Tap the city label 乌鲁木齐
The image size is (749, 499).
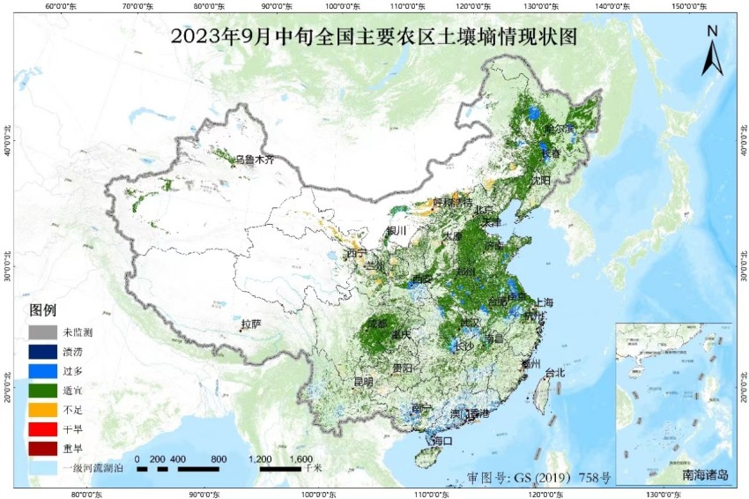[x=255, y=160]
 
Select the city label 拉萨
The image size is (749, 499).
[x=251, y=324]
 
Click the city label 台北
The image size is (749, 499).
[x=554, y=372]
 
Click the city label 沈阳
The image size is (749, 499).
[x=540, y=180]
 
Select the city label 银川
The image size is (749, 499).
[x=397, y=231]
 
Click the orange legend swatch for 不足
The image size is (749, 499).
[x=43, y=411]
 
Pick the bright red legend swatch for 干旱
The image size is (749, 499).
[x=43, y=430]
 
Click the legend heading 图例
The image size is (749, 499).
[x=43, y=310]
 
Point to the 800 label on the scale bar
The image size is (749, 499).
[x=219, y=459]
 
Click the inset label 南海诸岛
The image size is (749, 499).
[x=706, y=474]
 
